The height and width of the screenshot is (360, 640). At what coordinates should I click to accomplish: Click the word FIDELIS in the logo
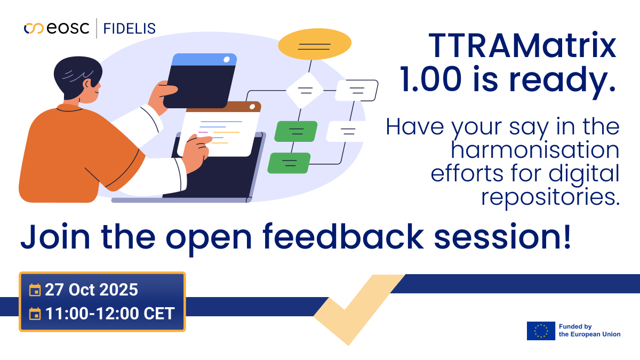pos(130,29)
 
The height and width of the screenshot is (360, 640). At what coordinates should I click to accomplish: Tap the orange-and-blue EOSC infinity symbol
pos(34,28)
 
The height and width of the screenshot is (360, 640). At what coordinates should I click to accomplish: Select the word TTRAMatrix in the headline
pos(523,46)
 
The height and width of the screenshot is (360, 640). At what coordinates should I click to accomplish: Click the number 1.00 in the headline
pos(430,79)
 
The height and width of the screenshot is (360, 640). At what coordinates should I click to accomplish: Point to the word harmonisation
pos(535,150)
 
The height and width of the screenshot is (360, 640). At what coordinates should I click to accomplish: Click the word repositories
pos(550,198)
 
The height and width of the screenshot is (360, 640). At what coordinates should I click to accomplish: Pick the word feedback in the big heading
pos(343,237)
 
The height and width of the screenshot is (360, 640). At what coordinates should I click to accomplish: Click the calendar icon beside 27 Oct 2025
pos(35,290)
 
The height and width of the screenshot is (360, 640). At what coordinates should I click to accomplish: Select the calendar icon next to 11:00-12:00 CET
pos(35,314)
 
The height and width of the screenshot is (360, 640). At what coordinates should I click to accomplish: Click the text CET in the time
pos(159,314)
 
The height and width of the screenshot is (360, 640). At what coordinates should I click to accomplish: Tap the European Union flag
pos(541,331)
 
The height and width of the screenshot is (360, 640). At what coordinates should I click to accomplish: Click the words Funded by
pos(575,326)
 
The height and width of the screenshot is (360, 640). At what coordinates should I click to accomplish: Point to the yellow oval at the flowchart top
pos(315,44)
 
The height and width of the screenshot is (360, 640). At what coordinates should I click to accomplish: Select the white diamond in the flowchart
pos(305,90)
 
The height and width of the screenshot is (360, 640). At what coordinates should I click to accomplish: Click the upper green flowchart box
pos(296,131)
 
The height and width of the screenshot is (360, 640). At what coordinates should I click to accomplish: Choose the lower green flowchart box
pos(289,163)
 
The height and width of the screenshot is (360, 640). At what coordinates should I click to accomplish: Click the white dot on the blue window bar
pos(227,59)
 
